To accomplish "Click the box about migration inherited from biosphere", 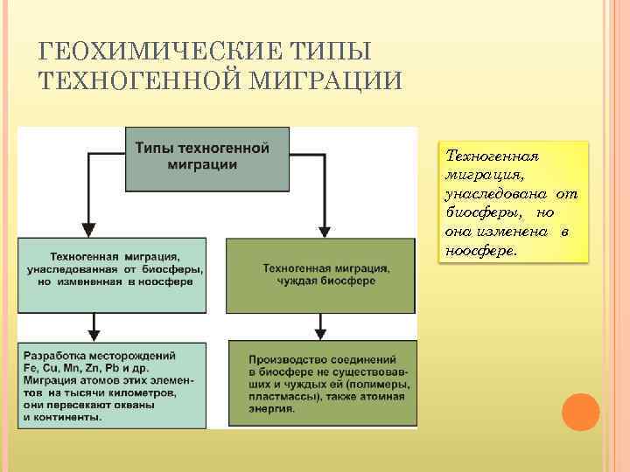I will click(112, 274).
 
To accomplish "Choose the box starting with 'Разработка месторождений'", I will click(112, 385).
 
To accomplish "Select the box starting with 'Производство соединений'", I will click(321, 384).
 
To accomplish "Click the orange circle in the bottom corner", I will click(580, 412).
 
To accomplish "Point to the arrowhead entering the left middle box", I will click(84, 230).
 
